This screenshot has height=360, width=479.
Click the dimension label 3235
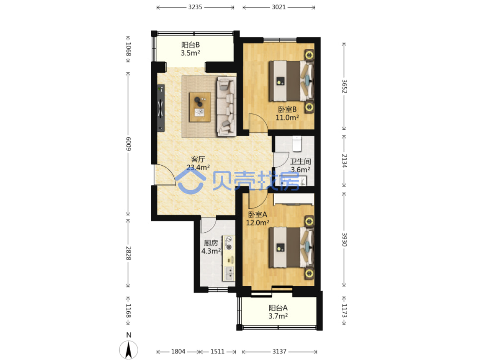click(x=195, y=7)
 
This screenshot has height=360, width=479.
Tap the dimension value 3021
click(x=279, y=7)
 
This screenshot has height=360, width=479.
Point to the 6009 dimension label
click(x=128, y=144)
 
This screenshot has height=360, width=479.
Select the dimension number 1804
click(x=178, y=351)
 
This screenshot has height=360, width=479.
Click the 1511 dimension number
click(x=217, y=351)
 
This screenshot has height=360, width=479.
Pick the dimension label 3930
click(x=344, y=239)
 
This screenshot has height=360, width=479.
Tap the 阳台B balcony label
click(x=190, y=45)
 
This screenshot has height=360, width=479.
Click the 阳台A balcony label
click(x=278, y=308)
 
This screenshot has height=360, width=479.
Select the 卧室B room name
click(x=287, y=109)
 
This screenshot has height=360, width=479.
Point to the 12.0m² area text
click(x=257, y=223)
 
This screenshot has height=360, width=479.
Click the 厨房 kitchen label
click(x=211, y=243)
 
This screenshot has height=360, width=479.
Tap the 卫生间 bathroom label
click(x=300, y=162)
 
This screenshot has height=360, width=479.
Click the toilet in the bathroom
click(x=297, y=144)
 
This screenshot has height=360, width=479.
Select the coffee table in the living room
click(x=200, y=107)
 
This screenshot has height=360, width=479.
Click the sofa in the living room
click(x=226, y=106)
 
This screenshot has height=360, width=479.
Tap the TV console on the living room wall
click(x=161, y=108)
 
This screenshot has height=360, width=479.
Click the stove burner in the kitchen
click(x=229, y=247)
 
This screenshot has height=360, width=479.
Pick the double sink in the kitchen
click(x=229, y=273)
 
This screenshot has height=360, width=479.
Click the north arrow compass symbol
click(x=129, y=349)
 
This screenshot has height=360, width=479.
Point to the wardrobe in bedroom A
click(x=294, y=199)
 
